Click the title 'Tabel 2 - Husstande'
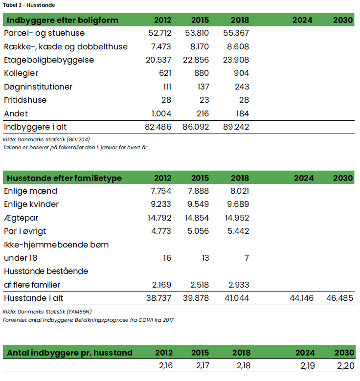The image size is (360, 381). [x=28, y=5]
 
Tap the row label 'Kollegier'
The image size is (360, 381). [x=21, y=73]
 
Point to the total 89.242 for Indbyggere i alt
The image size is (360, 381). [x=237, y=127]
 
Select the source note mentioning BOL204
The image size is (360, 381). [x=46, y=139]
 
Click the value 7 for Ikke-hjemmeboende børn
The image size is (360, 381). [x=246, y=258]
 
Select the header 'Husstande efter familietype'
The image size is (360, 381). [x=63, y=178]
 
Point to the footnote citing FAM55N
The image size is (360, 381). [x=47, y=311]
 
